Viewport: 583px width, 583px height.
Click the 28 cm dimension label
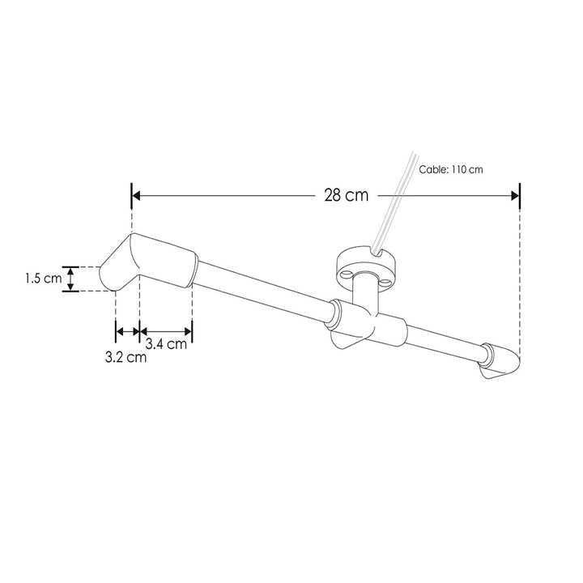[346, 195]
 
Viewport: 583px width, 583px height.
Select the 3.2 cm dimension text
[126, 357]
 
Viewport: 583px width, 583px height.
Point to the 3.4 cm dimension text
[167, 343]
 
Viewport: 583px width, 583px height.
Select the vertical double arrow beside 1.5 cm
[71, 279]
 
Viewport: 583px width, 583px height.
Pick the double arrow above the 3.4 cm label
[166, 330]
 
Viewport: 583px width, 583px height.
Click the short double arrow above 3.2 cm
[127, 330]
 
